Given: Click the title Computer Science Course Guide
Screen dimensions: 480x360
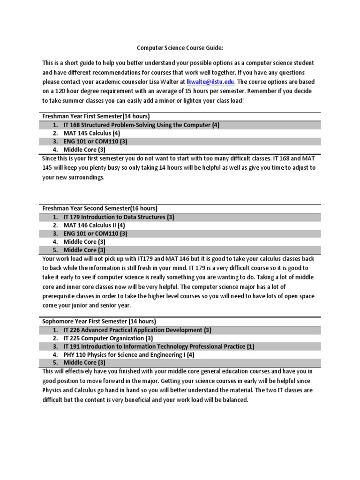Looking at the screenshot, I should (180, 48).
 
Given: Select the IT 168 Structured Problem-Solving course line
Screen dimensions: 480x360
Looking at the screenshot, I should (135, 125).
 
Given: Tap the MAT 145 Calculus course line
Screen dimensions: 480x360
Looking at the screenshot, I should (92, 133).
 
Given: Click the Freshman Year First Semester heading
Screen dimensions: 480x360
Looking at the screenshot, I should (96, 116).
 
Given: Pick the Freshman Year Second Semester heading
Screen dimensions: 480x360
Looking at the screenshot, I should (100, 208).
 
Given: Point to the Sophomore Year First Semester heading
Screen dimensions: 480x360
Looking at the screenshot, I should (99, 322).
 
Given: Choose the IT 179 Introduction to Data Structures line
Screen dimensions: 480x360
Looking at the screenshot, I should (119, 217).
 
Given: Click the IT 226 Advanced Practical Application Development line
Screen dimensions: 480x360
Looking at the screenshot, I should (137, 330).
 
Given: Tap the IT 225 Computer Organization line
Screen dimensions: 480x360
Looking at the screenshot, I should (108, 338).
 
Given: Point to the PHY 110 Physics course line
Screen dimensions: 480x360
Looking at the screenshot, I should (129, 355).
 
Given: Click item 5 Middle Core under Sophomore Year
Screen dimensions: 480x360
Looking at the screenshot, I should (84, 363).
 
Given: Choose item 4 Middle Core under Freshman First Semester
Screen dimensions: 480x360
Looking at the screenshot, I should (84, 150).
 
